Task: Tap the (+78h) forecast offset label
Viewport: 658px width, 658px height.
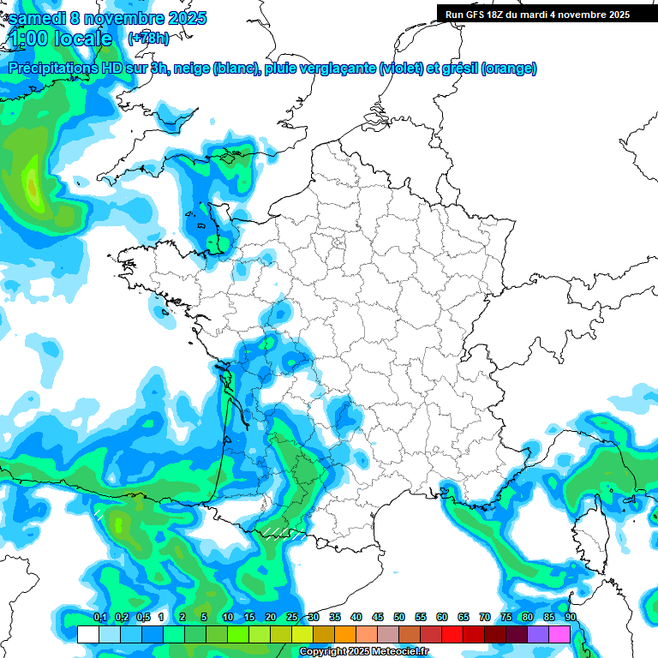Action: tap(147, 39)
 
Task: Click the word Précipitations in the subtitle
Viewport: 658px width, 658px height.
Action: tap(53, 69)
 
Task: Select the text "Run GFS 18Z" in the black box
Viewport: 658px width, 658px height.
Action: tap(474, 15)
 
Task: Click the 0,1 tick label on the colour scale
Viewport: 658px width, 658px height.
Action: tap(99, 618)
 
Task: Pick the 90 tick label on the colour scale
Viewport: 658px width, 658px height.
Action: tap(571, 618)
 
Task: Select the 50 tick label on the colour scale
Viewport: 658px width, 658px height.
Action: tap(399, 618)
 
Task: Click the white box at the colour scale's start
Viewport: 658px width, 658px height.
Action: tap(88, 634)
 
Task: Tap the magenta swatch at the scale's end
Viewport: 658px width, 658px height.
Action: tap(559, 634)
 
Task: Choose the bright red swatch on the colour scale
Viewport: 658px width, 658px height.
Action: tap(452, 634)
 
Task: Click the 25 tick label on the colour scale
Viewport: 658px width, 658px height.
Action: tap(292, 618)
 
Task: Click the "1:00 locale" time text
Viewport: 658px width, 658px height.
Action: tap(60, 39)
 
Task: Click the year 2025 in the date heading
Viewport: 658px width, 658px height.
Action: tap(182, 17)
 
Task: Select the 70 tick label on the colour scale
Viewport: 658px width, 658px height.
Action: tap(485, 618)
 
